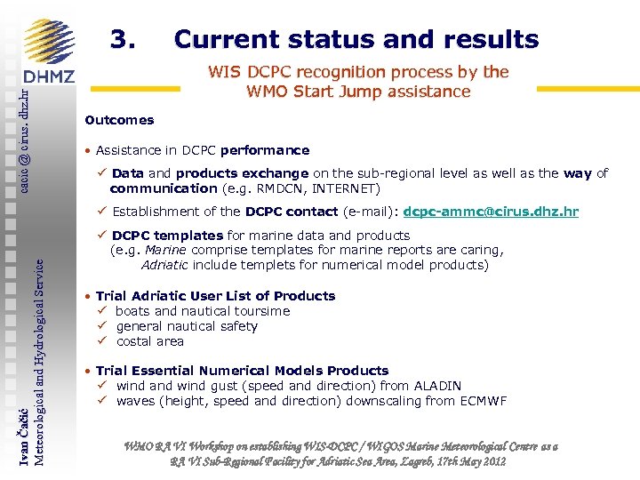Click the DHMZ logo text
[49, 77]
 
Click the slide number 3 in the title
[122, 40]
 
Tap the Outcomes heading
[119, 120]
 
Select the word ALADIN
[440, 386]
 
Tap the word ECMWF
[484, 401]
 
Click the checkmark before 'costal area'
[102, 341]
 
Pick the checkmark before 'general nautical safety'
[102, 326]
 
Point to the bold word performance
[265, 150]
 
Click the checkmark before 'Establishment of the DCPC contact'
[102, 212]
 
